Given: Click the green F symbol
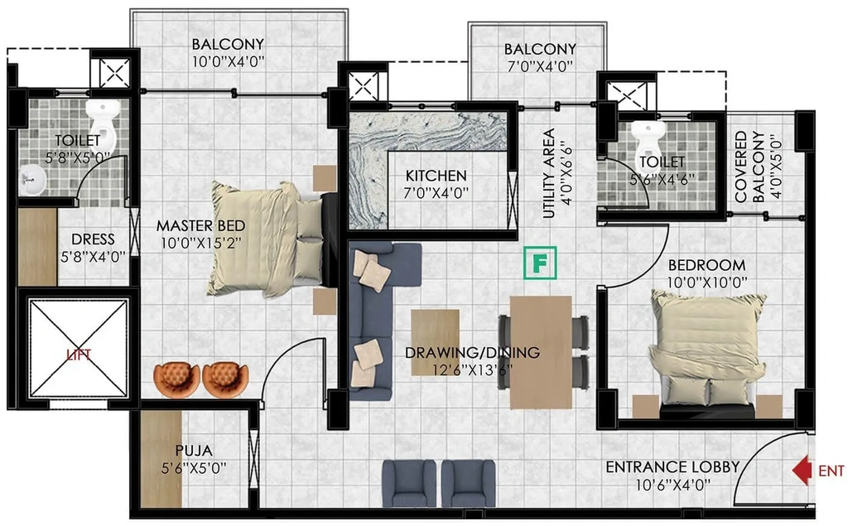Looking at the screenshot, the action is (x=540, y=263).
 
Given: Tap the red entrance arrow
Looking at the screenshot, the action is (x=802, y=470).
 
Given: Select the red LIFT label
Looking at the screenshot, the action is (x=79, y=355).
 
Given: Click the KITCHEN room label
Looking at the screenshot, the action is (x=436, y=176).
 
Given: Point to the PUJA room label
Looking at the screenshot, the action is (x=194, y=451).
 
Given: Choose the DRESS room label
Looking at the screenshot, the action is (x=93, y=239).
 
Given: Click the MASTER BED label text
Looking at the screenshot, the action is (x=200, y=225).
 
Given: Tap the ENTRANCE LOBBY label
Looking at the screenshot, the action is (x=672, y=467).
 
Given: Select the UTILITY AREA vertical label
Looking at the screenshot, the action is (x=550, y=173).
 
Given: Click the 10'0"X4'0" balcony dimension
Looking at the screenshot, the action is (x=229, y=61).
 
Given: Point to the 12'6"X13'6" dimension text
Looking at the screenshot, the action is (x=472, y=370).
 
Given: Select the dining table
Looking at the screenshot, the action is (x=541, y=352).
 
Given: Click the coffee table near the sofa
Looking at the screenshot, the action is (x=436, y=343).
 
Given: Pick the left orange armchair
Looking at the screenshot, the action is (x=177, y=380).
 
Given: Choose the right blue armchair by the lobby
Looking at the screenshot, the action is (x=468, y=483).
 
